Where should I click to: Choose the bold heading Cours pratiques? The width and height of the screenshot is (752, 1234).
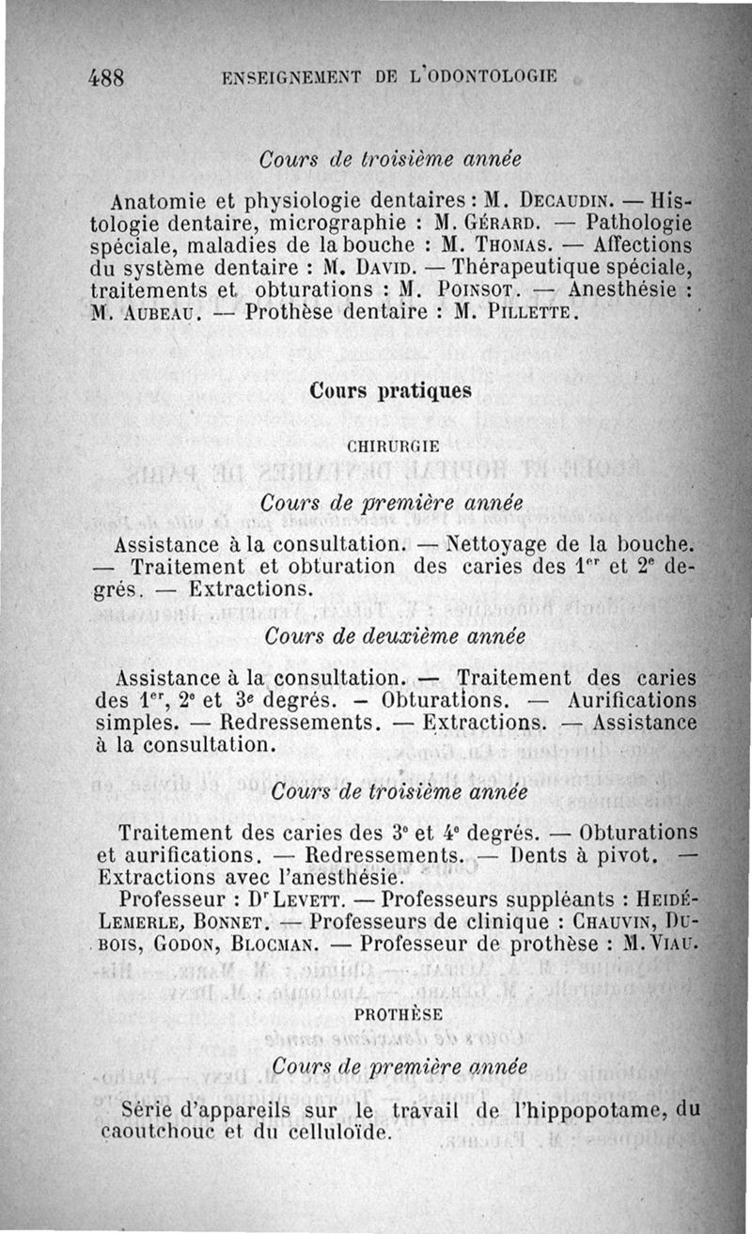pos(390,391)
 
